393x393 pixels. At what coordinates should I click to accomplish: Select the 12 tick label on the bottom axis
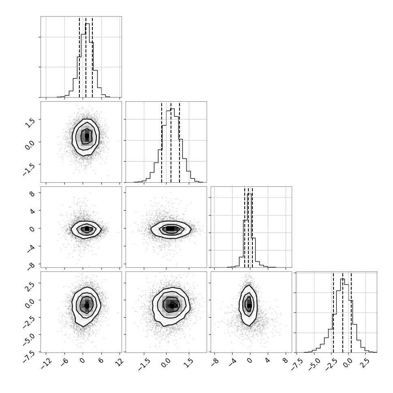pyautogui.click(x=120, y=362)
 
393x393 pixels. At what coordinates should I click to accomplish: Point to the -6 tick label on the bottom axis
pyautogui.click(x=65, y=362)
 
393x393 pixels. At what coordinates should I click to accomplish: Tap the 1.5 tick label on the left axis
pyautogui.click(x=30, y=123)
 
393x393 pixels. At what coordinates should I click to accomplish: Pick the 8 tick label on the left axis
pyautogui.click(x=32, y=194)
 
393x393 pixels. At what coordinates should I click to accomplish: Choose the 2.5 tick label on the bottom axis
pyautogui.click(x=365, y=363)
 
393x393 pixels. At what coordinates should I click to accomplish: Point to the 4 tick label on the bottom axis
pyautogui.click(x=268, y=361)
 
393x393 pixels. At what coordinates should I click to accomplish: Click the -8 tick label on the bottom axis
pyautogui.click(x=215, y=362)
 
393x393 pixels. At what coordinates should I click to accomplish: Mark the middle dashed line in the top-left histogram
pyautogui.click(x=86, y=57)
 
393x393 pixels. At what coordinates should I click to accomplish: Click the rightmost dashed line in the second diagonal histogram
pyautogui.click(x=179, y=142)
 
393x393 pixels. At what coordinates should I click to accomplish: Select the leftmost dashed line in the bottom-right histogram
pyautogui.click(x=333, y=312)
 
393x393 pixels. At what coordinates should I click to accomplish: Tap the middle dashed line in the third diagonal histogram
pyautogui.click(x=248, y=227)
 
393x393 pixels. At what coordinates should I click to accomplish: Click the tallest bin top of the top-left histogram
pyautogui.click(x=87, y=23)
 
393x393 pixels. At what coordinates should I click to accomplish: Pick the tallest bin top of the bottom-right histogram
pyautogui.click(x=343, y=279)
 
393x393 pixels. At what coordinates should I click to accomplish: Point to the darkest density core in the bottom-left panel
pyautogui.click(x=87, y=305)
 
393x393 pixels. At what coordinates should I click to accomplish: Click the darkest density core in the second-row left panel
pyautogui.click(x=87, y=136)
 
